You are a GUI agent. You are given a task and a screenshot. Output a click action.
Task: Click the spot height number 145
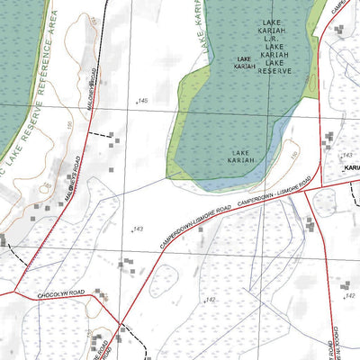[x=142, y=101]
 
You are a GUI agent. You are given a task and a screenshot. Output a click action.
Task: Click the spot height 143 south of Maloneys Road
[x=139, y=229]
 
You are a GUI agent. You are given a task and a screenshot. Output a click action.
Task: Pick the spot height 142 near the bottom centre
[x=211, y=299]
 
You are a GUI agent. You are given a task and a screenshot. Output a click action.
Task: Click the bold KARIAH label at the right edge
[x=350, y=167]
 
